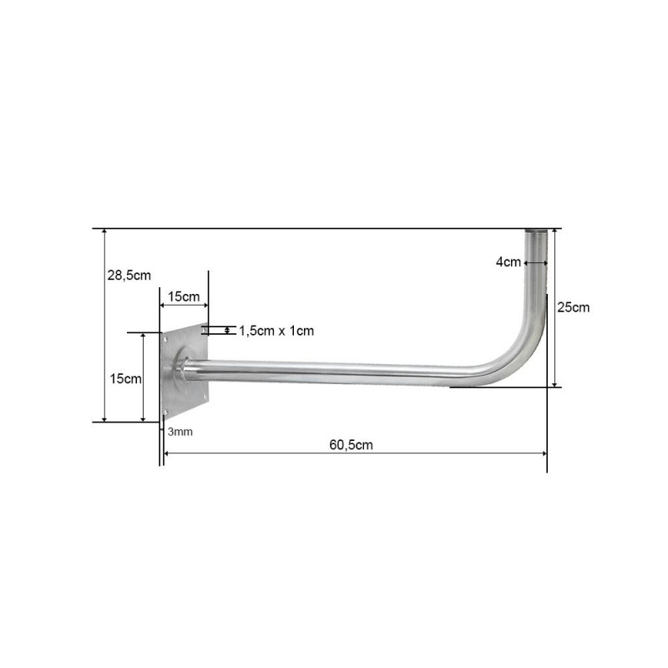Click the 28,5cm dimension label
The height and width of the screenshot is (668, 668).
[x=129, y=276]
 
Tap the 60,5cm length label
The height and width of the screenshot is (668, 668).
[x=351, y=445]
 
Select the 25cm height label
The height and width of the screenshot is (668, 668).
[x=574, y=307]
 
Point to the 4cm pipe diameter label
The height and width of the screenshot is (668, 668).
[x=509, y=262]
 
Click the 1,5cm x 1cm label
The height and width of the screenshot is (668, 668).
[x=276, y=331]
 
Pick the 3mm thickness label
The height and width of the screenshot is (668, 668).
[x=180, y=432]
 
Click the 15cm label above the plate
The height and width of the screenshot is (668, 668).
[x=184, y=296]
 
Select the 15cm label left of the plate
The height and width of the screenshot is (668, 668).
[x=126, y=379]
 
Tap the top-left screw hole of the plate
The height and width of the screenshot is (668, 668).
[x=165, y=340]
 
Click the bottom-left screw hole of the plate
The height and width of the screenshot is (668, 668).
[x=165, y=412]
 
